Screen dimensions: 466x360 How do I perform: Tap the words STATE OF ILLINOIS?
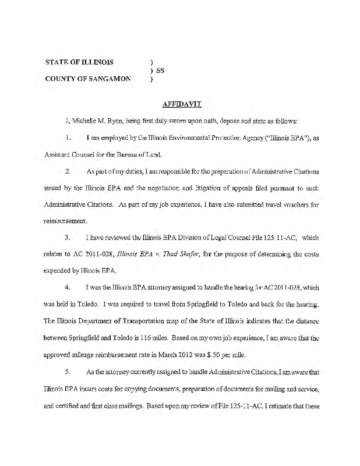pos(80,61)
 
